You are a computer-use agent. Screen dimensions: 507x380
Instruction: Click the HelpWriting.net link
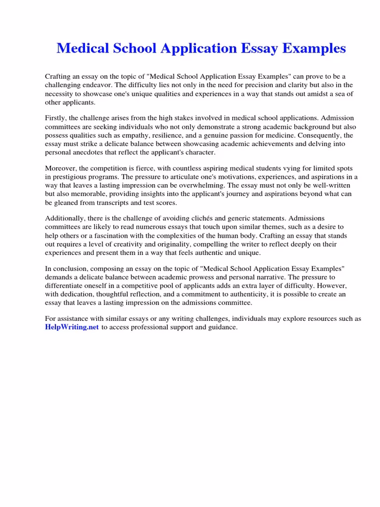(x=72, y=328)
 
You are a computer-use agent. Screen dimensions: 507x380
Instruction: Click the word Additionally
(x=66, y=218)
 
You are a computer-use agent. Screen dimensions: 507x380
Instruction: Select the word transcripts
(x=118, y=202)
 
